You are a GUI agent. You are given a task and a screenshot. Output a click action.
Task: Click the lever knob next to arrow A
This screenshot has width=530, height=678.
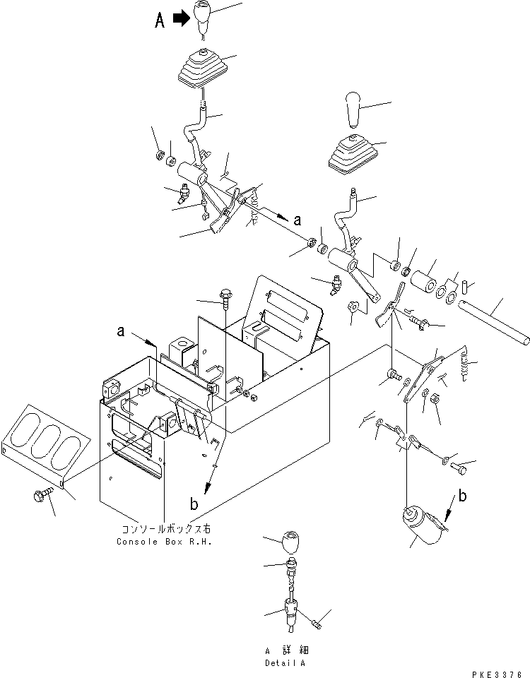(204, 18)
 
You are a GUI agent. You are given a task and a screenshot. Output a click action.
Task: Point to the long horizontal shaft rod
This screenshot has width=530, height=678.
(493, 322)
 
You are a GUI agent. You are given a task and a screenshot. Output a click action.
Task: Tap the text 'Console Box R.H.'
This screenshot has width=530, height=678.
(164, 542)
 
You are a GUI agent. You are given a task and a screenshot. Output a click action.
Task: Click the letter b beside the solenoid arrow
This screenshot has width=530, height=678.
(464, 496)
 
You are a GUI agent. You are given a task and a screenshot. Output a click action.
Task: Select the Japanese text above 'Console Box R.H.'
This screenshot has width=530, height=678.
(164, 528)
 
